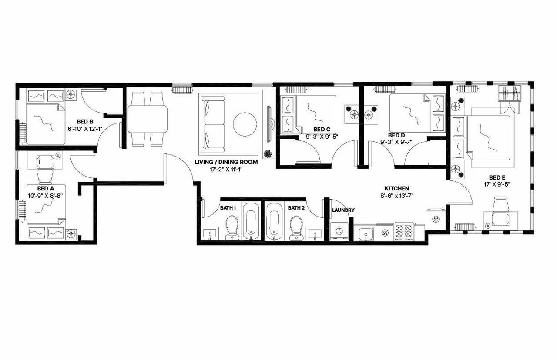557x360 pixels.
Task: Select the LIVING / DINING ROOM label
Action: coord(226,162)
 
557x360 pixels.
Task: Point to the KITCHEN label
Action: coord(396,188)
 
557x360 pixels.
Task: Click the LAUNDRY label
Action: coord(343,210)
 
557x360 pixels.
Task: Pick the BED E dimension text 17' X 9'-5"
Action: coord(497,184)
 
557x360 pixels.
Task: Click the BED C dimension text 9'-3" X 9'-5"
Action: coord(322,137)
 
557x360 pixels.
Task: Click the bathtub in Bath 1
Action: coord(250,221)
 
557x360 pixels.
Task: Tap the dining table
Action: coord(147,118)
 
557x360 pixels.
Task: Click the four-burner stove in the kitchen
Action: coord(403,232)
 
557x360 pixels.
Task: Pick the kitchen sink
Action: coord(366,233)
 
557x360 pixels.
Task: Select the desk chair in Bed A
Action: coord(44,176)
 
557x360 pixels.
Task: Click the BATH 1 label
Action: coord(228,208)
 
